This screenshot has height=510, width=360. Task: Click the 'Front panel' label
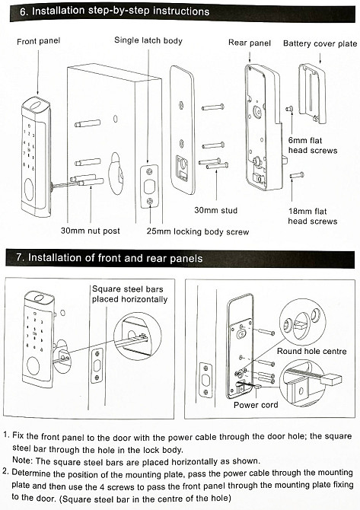pyautogui.click(x=38, y=41)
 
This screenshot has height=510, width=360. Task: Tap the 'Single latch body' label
pyautogui.click(x=148, y=40)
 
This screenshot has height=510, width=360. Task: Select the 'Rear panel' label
pyautogui.click(x=250, y=43)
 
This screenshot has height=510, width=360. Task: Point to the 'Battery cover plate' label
pyautogui.click(x=320, y=43)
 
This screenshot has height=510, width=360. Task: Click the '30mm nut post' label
pyautogui.click(x=91, y=231)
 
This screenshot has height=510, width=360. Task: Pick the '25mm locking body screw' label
pyautogui.click(x=198, y=231)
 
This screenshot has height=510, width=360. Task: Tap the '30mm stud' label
pyautogui.click(x=216, y=210)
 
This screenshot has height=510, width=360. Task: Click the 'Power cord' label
pyautogui.click(x=256, y=405)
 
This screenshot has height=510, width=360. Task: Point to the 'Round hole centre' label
pyautogui.click(x=312, y=351)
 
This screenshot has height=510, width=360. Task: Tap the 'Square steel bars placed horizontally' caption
pyautogui.click(x=129, y=294)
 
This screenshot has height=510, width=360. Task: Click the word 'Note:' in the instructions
pyautogui.click(x=22, y=461)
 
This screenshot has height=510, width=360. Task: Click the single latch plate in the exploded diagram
pyautogui.click(x=149, y=186)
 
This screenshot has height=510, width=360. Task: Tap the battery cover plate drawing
pyautogui.click(x=313, y=94)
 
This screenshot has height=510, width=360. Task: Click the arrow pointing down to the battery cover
pyautogui.click(x=320, y=57)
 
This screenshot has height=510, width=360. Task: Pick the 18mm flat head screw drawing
pyautogui.click(x=297, y=176)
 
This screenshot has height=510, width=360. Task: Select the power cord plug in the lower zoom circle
pyautogui.click(x=331, y=380)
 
